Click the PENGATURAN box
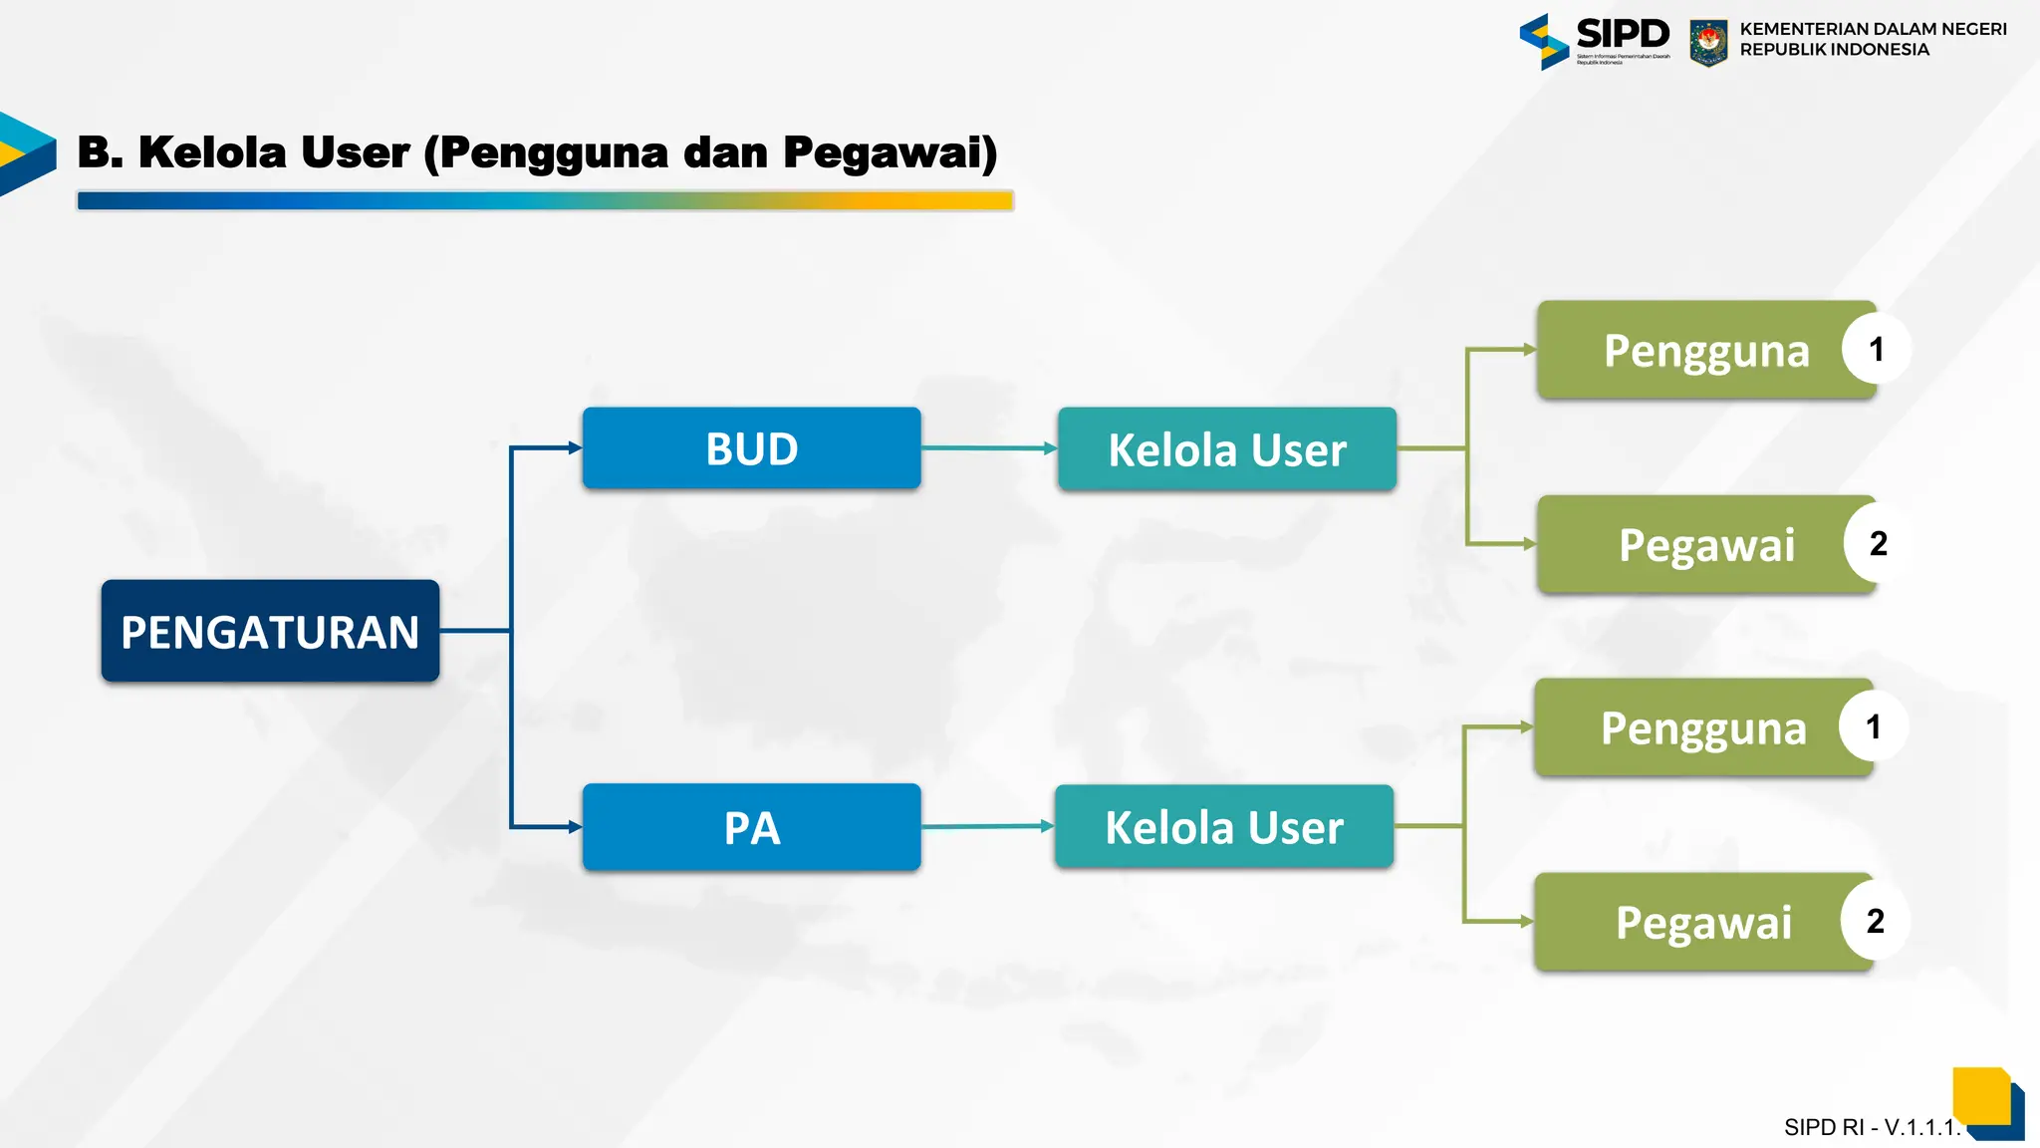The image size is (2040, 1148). pyautogui.click(x=270, y=631)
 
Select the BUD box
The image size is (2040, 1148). pyautogui.click(x=751, y=448)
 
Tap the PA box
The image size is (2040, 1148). pyautogui.click(x=751, y=827)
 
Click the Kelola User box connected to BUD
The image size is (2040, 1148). pyautogui.click(x=1226, y=449)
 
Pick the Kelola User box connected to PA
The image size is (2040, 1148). pyautogui.click(x=1223, y=827)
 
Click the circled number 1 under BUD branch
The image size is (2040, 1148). pyautogui.click(x=1876, y=349)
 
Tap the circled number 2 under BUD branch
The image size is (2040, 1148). pyautogui.click(x=1878, y=543)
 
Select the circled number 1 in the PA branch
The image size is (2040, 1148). pyautogui.click(x=1873, y=726)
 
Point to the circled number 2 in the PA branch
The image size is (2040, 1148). pyautogui.click(x=1875, y=921)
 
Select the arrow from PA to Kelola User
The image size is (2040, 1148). pyautogui.click(x=986, y=826)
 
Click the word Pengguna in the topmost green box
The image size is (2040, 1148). pyautogui.click(x=1705, y=351)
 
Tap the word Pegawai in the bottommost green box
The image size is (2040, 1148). pyautogui.click(x=1702, y=923)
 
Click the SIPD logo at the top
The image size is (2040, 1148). pyautogui.click(x=1594, y=40)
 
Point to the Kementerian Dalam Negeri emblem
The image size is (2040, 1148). pyautogui.click(x=1708, y=42)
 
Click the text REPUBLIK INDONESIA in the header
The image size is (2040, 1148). pyautogui.click(x=1834, y=50)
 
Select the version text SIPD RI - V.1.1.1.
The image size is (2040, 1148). pyautogui.click(x=1871, y=1127)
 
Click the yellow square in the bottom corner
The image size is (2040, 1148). pyautogui.click(x=1980, y=1094)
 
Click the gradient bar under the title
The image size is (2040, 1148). pyautogui.click(x=545, y=200)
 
